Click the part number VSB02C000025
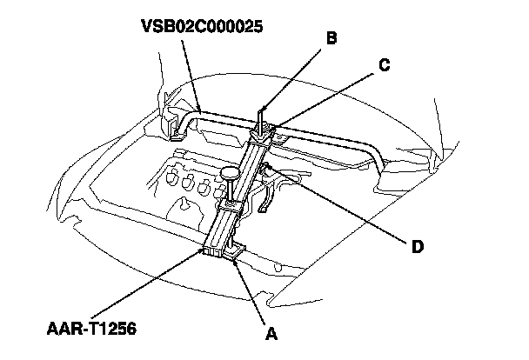[201, 26]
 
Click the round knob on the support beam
[231, 173]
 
